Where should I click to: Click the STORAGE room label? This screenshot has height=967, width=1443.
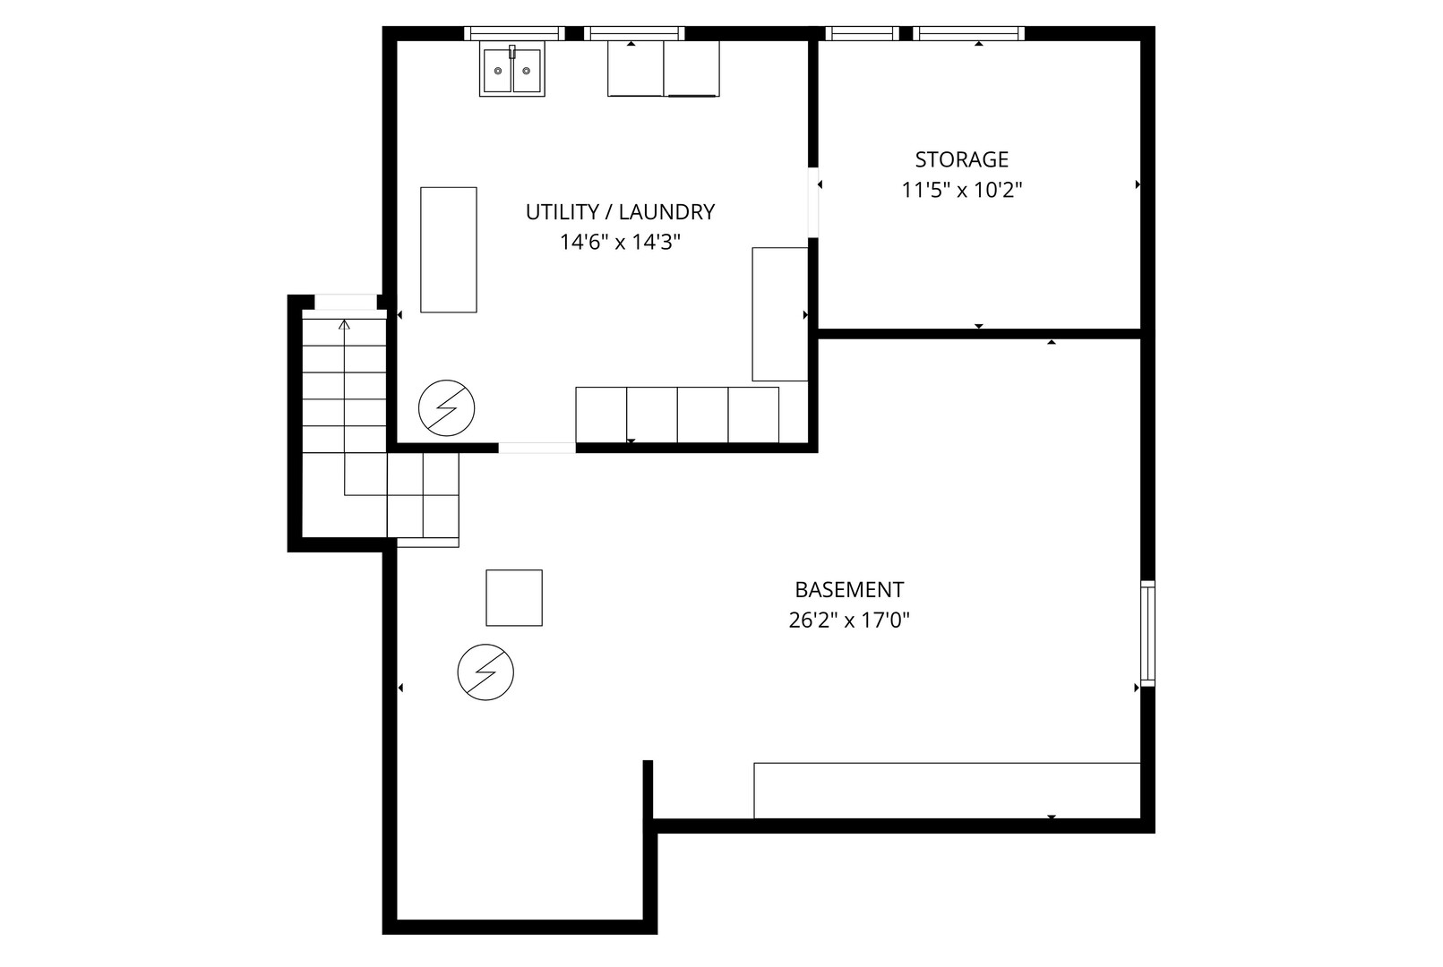[x=961, y=159]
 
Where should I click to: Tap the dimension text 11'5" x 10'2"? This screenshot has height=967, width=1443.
[x=961, y=190]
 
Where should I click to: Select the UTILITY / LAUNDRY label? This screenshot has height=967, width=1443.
[x=620, y=212]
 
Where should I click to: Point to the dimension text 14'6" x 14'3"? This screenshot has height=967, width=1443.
[x=620, y=242]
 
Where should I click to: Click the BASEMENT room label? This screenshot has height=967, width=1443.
[x=849, y=590]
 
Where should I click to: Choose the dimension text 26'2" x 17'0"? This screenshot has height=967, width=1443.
[x=849, y=620]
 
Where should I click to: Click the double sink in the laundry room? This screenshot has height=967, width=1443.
[x=512, y=70]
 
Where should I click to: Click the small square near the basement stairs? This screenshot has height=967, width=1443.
[x=514, y=597]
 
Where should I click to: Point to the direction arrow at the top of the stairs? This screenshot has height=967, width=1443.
[x=345, y=325]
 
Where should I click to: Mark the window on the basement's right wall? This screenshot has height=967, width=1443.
[x=1148, y=634]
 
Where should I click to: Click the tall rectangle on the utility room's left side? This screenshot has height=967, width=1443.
[x=449, y=250]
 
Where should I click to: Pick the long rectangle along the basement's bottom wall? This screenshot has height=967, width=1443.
[x=947, y=791]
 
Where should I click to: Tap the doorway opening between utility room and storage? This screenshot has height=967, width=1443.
[x=813, y=202]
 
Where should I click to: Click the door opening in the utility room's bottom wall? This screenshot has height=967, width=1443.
[x=537, y=448]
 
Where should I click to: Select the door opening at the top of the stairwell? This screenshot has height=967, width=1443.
[x=346, y=302]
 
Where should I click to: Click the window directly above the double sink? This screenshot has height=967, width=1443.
[x=514, y=33]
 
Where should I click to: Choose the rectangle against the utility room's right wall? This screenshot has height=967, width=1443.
[x=780, y=314]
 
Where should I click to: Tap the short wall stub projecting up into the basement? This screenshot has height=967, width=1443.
[x=648, y=790]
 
